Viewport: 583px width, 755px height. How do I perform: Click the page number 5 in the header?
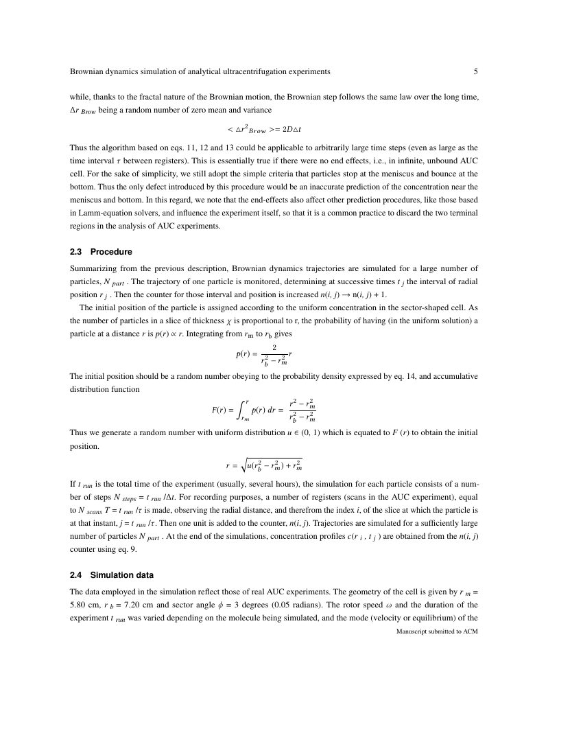475,71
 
